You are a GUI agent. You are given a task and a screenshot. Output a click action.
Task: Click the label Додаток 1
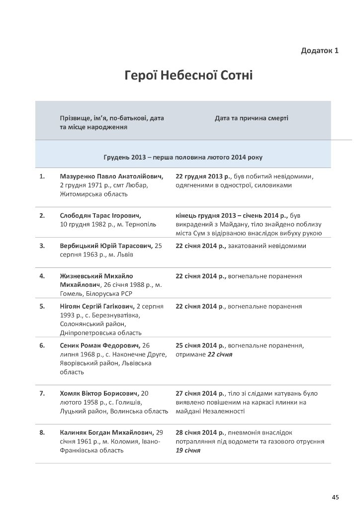click(320, 51)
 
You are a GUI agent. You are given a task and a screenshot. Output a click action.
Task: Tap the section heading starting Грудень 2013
click(183, 157)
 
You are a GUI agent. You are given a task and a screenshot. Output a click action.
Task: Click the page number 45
click(335, 497)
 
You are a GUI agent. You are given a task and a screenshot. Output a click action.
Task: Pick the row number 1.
click(42, 176)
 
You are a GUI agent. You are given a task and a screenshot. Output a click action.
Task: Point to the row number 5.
click(42, 306)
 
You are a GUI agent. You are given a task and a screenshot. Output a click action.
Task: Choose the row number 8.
click(42, 432)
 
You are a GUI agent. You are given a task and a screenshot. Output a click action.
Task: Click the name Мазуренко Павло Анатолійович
click(111, 176)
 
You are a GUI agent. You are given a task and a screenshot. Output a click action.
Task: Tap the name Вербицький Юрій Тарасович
click(106, 246)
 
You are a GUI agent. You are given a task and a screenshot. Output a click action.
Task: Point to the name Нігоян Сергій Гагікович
click(97, 306)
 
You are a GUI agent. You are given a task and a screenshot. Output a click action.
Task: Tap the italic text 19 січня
click(188, 450)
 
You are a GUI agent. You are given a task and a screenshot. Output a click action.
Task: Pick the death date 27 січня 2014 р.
click(200, 393)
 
